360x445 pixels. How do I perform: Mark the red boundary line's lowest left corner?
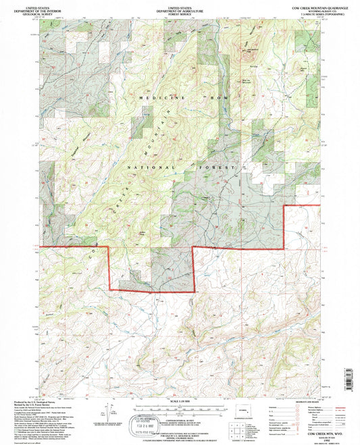click(x=110, y=290)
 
